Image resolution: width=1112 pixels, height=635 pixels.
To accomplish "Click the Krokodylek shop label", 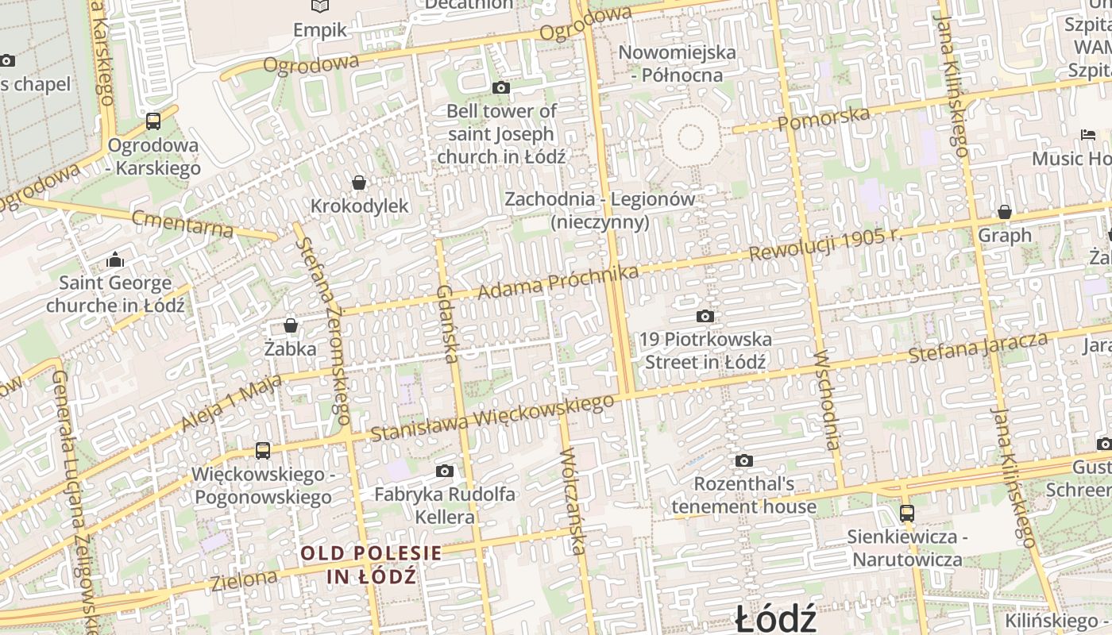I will pyautogui.click(x=359, y=206).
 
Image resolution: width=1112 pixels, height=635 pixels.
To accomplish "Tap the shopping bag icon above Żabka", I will pyautogui.click(x=291, y=325).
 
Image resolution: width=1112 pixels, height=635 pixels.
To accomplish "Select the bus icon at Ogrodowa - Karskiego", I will pyautogui.click(x=153, y=121).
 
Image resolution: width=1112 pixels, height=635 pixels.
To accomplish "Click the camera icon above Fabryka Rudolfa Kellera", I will pyautogui.click(x=445, y=471).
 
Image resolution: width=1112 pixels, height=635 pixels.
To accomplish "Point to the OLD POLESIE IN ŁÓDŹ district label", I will pyautogui.click(x=371, y=564).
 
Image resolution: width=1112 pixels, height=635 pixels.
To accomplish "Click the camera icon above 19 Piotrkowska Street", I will pyautogui.click(x=705, y=317).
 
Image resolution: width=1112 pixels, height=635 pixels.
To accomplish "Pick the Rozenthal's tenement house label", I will pyautogui.click(x=743, y=495).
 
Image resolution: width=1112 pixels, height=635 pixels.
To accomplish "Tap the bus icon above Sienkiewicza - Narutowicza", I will pyautogui.click(x=907, y=514).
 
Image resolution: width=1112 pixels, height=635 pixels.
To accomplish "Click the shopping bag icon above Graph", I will pyautogui.click(x=1005, y=212).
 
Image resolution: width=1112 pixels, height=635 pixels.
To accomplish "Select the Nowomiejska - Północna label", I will pyautogui.click(x=677, y=63).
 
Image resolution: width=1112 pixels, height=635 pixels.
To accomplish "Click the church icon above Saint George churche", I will pyautogui.click(x=115, y=260).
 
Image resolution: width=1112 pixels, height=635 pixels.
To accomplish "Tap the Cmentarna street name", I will pyautogui.click(x=183, y=224).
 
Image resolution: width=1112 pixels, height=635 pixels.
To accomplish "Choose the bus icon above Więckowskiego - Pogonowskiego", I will pyautogui.click(x=263, y=451).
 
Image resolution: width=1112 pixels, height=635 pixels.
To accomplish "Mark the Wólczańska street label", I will pyautogui.click(x=573, y=501).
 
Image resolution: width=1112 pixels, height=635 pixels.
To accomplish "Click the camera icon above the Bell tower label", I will pyautogui.click(x=501, y=87).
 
